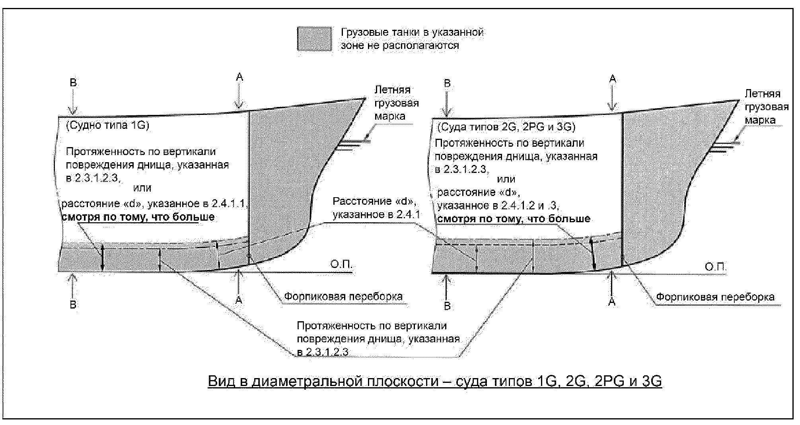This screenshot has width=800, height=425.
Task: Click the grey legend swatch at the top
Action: point(314,39)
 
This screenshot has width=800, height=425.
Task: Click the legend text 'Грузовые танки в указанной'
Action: point(412,32)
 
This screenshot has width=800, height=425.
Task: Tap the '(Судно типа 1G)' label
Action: point(107,126)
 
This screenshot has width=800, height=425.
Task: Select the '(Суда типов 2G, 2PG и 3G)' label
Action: point(506,127)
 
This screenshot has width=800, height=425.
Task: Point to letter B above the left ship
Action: point(73,83)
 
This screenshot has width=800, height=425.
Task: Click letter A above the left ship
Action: point(239,77)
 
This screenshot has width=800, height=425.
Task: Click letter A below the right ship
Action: point(612,302)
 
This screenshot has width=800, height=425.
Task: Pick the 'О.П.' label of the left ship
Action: point(341,265)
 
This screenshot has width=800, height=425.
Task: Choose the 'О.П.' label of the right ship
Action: point(715,267)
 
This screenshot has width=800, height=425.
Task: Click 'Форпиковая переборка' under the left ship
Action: point(343,297)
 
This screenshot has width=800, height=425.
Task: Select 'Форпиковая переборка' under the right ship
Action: point(715,297)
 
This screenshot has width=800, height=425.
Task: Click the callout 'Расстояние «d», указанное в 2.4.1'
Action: point(376,208)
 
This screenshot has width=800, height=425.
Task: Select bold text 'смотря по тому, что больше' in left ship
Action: point(138,217)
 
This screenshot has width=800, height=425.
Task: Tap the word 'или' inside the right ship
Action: point(506,179)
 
